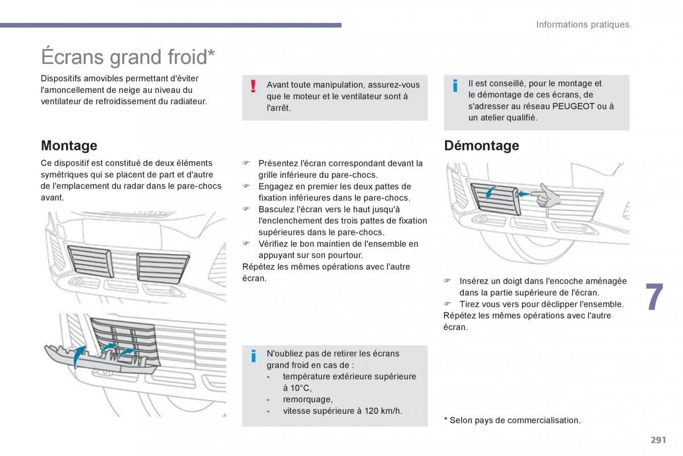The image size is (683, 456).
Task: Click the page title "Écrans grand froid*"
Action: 128,57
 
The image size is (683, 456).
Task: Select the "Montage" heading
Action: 69,145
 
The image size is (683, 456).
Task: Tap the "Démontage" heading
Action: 481,145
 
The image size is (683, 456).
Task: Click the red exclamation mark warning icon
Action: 253,87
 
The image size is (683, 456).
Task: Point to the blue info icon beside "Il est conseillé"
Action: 455,86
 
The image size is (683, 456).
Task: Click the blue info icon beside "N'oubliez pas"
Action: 253,357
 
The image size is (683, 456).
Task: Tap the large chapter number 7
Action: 655,298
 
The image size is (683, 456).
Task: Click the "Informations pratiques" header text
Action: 582,25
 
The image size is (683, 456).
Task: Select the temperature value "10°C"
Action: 297,388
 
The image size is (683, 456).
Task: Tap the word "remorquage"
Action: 307,399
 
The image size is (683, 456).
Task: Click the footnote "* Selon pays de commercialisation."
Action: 512,420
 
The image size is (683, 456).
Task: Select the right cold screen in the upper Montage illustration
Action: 162,268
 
